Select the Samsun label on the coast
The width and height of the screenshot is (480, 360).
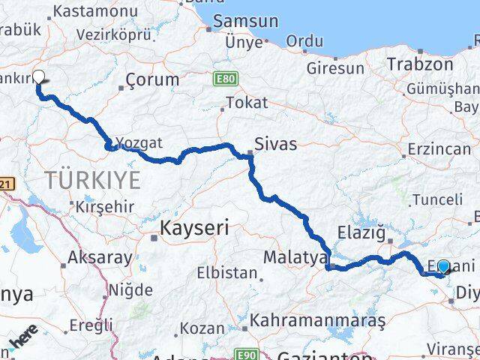245,22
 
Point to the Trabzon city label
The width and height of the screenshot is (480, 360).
415,64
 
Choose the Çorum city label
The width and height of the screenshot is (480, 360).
152,79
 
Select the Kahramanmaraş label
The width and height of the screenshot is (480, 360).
319,319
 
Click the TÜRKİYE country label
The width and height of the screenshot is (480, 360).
93,180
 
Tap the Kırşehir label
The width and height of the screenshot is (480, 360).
105,206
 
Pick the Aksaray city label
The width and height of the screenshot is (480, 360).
100,256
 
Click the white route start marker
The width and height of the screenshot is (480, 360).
38,76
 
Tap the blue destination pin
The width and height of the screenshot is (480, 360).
443,267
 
